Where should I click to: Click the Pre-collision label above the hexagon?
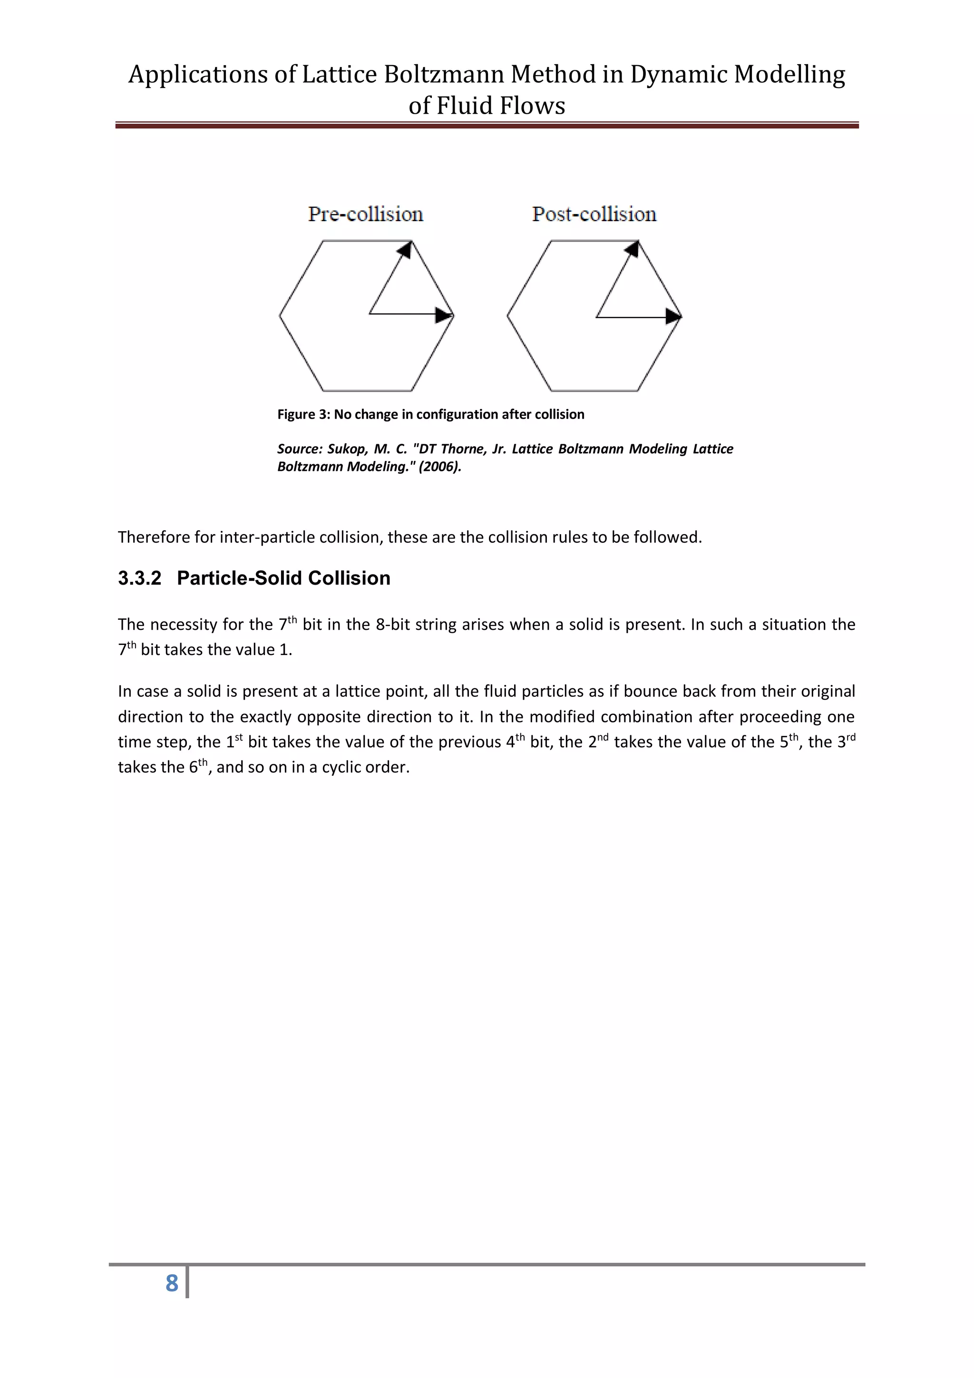point(365,214)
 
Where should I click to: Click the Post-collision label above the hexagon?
point(594,214)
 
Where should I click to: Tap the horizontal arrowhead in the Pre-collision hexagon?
point(444,314)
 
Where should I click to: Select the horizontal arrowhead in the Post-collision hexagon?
point(673,316)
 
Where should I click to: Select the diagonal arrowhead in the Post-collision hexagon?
point(632,248)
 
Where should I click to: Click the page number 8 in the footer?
point(172,1283)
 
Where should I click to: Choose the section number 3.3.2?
point(139,578)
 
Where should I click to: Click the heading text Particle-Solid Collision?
point(283,578)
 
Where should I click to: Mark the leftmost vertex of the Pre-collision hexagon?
point(280,314)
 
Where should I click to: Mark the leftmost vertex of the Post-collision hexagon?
point(508,315)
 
